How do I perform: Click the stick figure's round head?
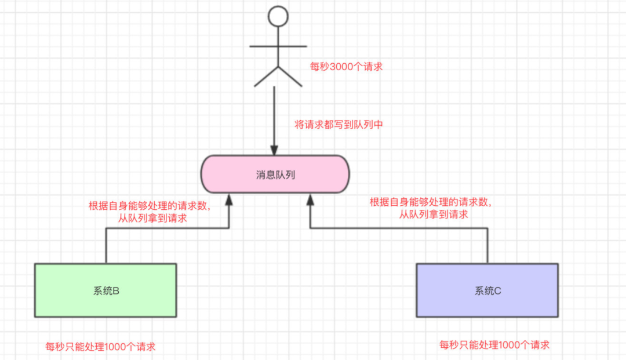[x=278, y=16]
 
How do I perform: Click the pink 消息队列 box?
[x=275, y=174]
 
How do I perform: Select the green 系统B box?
[x=105, y=290]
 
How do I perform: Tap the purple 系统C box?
[x=487, y=290]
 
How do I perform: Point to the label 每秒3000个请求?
[x=347, y=67]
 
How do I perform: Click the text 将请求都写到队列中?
[x=339, y=125]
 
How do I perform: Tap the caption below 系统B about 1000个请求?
[x=100, y=347]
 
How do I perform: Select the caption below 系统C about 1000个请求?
[x=494, y=345]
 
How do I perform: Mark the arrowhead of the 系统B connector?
[x=229, y=200]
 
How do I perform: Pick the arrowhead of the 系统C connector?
[x=310, y=200]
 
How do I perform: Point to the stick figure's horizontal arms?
[x=278, y=46]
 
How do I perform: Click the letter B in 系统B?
[x=116, y=291]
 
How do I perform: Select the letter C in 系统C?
[x=497, y=291]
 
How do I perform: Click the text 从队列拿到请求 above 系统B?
[x=152, y=219]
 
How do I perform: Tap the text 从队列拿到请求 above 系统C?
[x=434, y=214]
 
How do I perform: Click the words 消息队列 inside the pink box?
[x=275, y=174]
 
